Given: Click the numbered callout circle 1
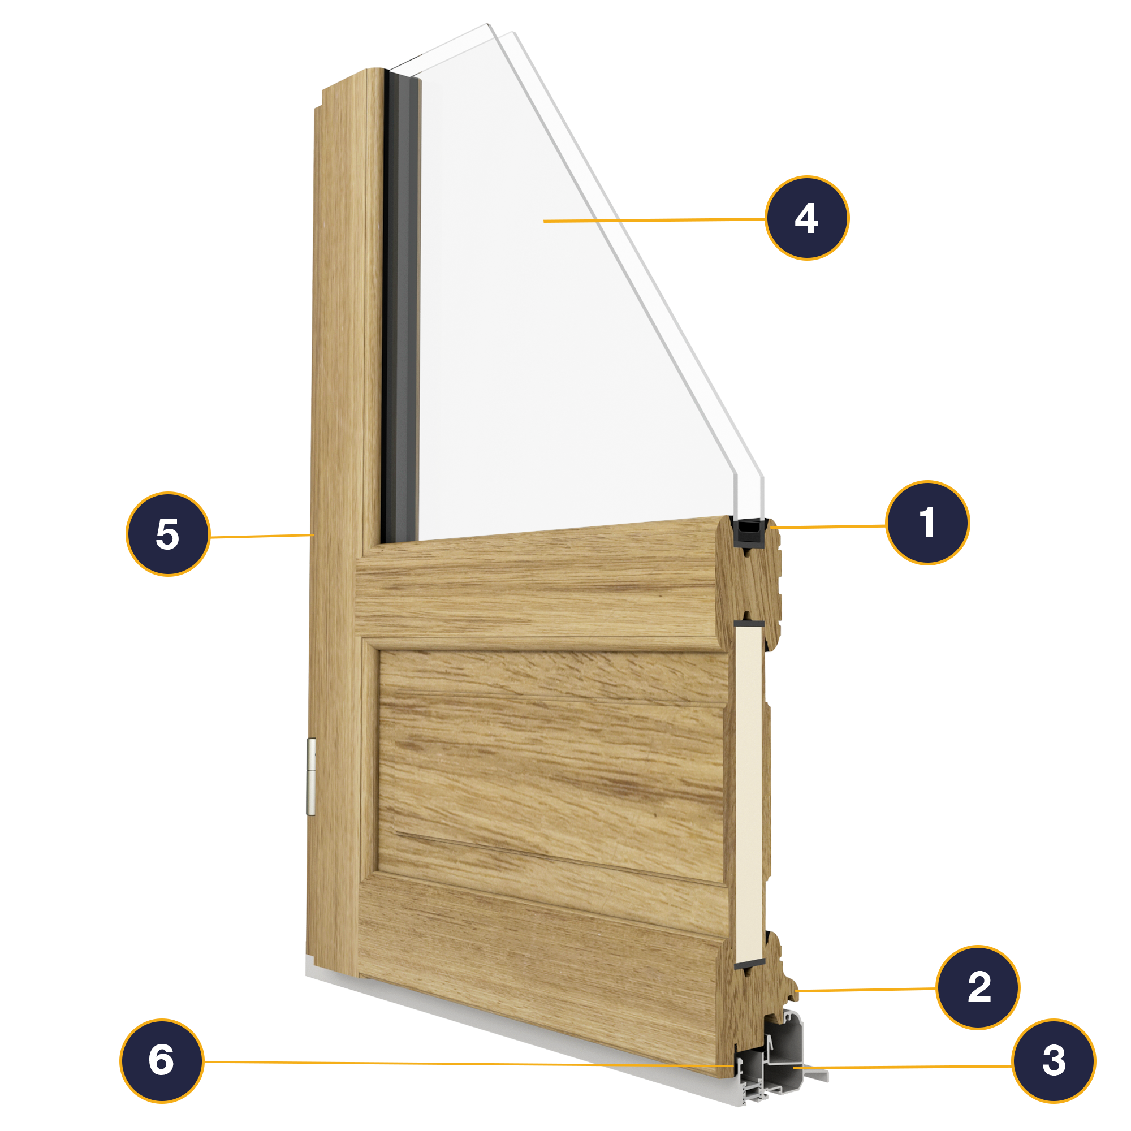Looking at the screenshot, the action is coord(927,523).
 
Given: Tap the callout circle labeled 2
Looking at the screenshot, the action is coord(978,987).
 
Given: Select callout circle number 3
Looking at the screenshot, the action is coord(1054,1061).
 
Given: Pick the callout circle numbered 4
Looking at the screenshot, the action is coord(807,218).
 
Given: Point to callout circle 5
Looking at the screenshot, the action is coord(168,534).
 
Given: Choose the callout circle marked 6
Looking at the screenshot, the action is coord(162,1061).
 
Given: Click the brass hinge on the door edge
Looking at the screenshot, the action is coord(312,777).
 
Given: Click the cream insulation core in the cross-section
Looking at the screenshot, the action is coord(749,794).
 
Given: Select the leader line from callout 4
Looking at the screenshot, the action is coord(654,220).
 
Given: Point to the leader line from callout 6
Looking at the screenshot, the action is coord(468,1064).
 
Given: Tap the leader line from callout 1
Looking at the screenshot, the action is coord(828,527).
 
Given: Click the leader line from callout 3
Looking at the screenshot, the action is coord(903,1067).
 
